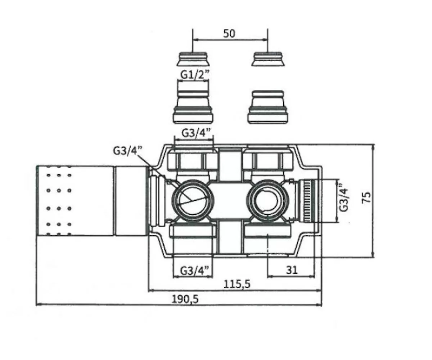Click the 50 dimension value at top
click(x=229, y=34)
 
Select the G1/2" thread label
click(x=195, y=75)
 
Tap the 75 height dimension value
click(x=366, y=197)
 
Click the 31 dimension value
click(x=292, y=270)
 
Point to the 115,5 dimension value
click(x=237, y=284)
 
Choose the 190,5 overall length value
click(x=185, y=299)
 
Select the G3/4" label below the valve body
click(x=194, y=271)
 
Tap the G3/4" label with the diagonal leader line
click(x=128, y=151)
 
